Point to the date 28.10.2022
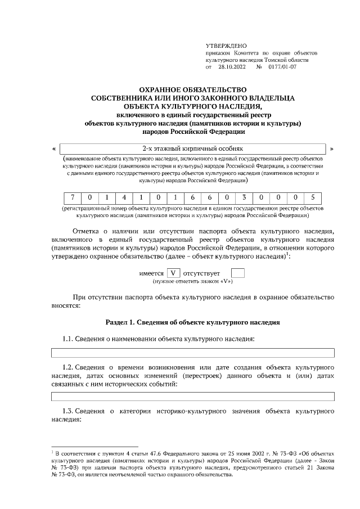234,66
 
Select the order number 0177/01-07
282,66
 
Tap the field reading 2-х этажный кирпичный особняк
193,148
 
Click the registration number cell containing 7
72,198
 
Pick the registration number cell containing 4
124,198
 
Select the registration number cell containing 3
244,198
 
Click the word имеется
151,273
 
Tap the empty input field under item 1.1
193,353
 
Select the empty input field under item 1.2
193,397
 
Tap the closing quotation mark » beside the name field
332,149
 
